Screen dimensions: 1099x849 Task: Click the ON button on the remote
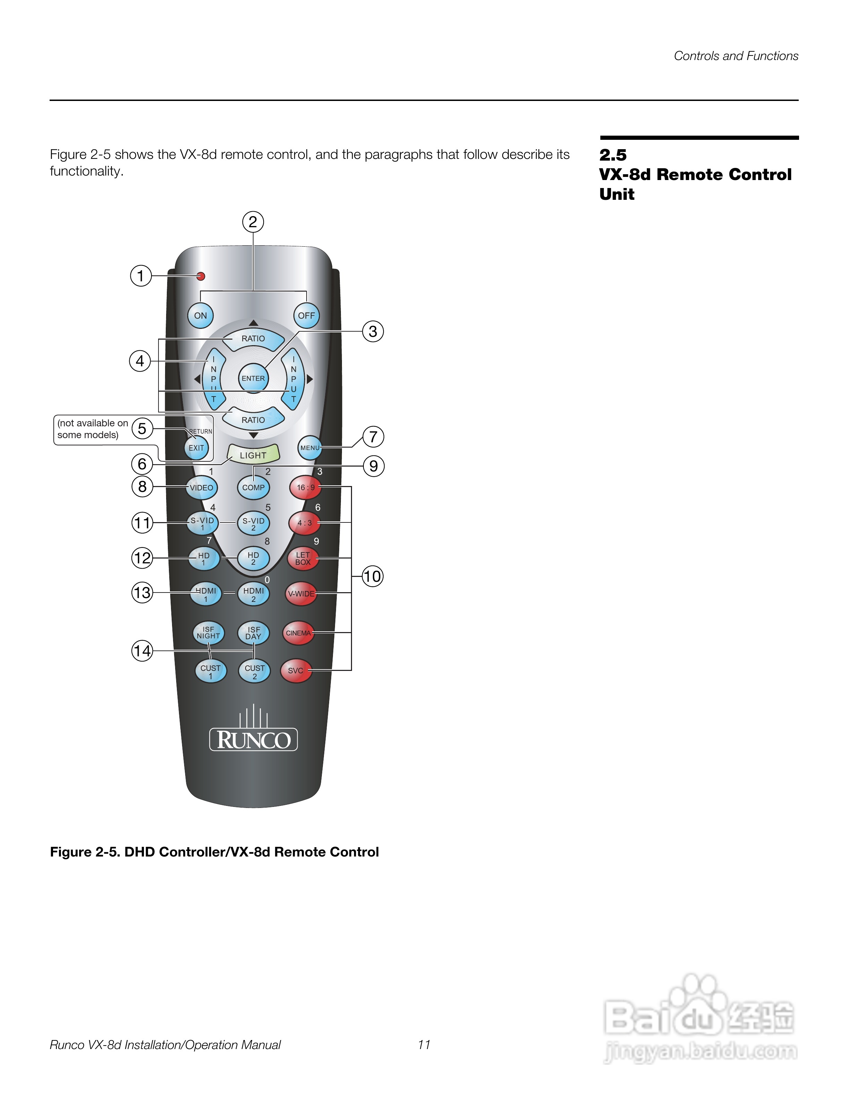[x=200, y=315]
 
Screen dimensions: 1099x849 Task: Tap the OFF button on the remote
[x=306, y=315]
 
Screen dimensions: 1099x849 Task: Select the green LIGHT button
[x=253, y=454]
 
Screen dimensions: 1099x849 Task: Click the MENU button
[x=310, y=448]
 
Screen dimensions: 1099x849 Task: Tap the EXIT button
[x=196, y=448]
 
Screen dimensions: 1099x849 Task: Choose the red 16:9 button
[x=305, y=487]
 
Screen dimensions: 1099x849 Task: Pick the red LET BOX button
[x=303, y=559]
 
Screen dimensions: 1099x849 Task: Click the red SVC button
[x=296, y=670]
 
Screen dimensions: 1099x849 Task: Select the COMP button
[x=253, y=487]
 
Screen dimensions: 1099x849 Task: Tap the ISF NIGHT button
[x=208, y=632]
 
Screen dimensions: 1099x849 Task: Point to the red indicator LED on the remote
[x=201, y=276]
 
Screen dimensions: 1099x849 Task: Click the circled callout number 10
[x=372, y=576]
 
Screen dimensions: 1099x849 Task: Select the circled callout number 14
[x=142, y=651]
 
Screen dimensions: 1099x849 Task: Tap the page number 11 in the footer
[x=424, y=1045]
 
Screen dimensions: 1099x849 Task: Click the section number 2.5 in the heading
[x=612, y=155]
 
